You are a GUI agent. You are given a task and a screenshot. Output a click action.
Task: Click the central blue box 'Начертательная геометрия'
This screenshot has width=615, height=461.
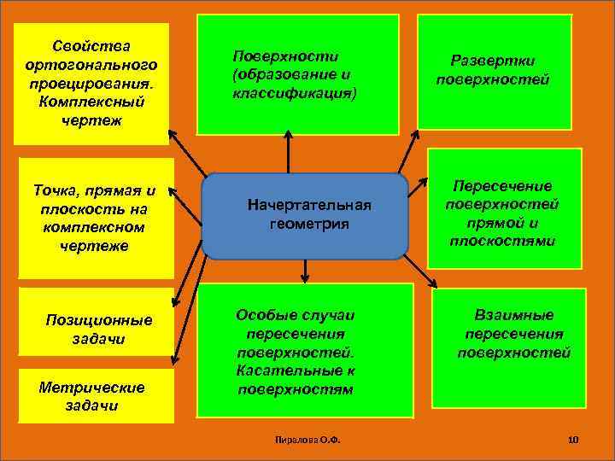pos(305,216)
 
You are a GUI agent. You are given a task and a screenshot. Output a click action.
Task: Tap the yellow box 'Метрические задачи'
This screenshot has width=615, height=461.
pos(94,396)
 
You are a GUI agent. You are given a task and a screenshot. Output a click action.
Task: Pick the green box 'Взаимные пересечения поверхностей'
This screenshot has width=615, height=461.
pos(509,348)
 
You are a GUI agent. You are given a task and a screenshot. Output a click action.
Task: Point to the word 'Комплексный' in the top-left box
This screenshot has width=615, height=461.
pos(92,102)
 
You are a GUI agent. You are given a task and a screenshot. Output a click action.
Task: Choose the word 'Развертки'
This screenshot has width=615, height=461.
pos(494,61)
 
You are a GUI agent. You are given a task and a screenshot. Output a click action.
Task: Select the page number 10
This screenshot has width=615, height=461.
pos(573,440)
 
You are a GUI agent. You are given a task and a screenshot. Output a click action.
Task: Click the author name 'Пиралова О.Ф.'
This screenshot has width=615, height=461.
pos(304,440)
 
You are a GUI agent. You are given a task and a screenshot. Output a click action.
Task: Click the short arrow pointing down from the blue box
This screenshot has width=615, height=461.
pos(304,271)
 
